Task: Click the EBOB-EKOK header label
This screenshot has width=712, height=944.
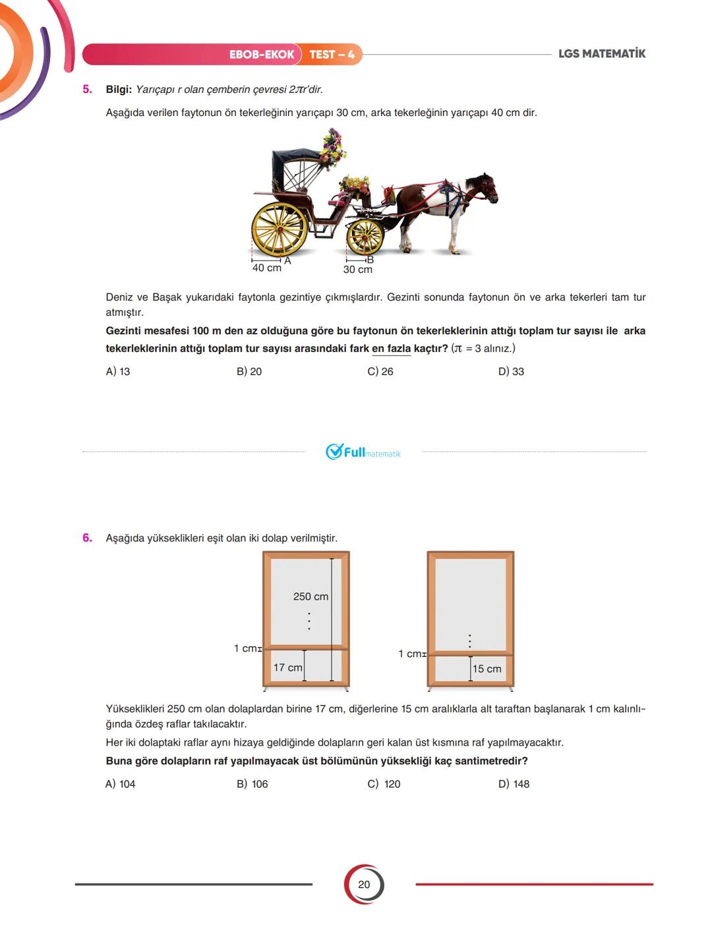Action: [x=261, y=55]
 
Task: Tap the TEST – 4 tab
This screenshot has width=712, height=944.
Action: [x=332, y=55]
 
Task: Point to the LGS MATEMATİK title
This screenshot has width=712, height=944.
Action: [x=601, y=54]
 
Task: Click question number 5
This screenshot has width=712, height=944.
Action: [x=87, y=89]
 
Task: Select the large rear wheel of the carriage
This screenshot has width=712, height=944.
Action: [x=280, y=229]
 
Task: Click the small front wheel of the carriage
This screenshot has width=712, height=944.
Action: [x=365, y=236]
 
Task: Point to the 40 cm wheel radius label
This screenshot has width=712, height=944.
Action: [x=266, y=268]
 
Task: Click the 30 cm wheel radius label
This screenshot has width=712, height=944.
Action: [x=357, y=269]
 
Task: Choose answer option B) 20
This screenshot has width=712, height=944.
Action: [x=249, y=372]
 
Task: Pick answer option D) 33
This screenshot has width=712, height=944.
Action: [x=511, y=372]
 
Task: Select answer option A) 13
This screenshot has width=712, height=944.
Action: [x=118, y=372]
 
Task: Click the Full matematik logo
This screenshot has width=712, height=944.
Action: [x=363, y=452]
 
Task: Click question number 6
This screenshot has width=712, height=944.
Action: [x=87, y=538]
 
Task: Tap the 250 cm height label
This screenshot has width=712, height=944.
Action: [x=311, y=597]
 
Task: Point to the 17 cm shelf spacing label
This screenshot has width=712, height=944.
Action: [x=287, y=668]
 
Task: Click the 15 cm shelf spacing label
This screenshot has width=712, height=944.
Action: [x=487, y=669]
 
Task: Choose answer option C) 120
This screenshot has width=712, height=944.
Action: [x=384, y=784]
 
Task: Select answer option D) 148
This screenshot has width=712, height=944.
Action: [x=514, y=784]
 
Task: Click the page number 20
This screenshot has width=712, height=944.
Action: [x=364, y=885]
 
